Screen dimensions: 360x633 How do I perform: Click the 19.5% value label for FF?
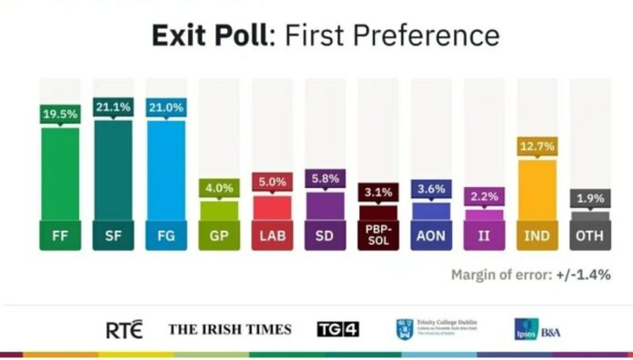[59, 115]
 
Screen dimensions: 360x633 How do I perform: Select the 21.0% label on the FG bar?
[166, 106]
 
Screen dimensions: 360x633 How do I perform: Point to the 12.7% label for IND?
[537, 145]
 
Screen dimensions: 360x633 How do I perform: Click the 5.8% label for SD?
[325, 179]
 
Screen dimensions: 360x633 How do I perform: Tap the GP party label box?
[218, 235]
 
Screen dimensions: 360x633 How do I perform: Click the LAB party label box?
[271, 235]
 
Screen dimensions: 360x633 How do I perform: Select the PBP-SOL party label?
[377, 235]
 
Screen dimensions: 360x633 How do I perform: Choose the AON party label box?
[430, 235]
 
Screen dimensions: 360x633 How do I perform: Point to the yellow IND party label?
[537, 235]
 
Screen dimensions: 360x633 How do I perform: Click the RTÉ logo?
[124, 329]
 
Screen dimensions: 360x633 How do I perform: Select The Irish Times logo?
[229, 329]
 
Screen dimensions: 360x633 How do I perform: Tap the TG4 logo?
[337, 329]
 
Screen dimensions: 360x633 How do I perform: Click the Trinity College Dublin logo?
[437, 329]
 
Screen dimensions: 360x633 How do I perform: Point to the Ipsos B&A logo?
[538, 329]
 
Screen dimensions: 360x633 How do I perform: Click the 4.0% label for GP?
[218, 188]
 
